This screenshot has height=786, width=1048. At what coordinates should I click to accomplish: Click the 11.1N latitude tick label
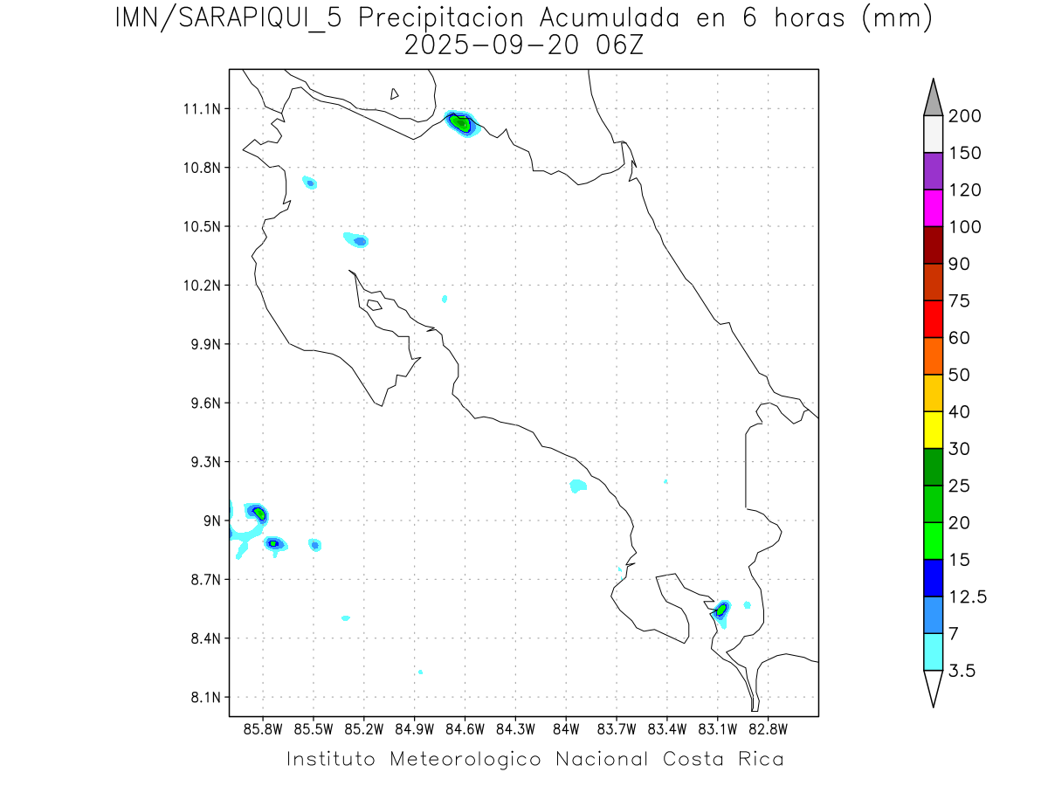[x=198, y=109]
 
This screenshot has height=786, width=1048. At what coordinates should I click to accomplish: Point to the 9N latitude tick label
[x=209, y=521]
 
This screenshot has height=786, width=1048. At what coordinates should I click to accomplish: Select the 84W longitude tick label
[x=566, y=728]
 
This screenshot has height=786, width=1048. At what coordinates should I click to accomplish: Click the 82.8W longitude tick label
[x=768, y=728]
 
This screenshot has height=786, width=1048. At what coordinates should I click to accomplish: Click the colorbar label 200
[x=964, y=116]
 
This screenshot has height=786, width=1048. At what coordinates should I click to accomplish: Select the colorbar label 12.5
[x=968, y=596]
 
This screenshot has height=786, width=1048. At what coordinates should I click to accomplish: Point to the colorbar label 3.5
[x=963, y=671]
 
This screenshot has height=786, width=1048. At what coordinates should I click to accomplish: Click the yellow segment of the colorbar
[x=933, y=430]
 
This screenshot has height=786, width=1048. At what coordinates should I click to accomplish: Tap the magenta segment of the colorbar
[x=933, y=208]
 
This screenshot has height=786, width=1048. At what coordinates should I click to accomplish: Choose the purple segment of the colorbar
[x=933, y=171]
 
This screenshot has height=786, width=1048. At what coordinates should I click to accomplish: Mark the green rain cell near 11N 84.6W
[x=460, y=123]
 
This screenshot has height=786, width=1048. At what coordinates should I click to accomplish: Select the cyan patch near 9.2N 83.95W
[x=577, y=486]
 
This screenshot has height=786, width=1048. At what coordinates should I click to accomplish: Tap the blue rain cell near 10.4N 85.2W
[x=358, y=240]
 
